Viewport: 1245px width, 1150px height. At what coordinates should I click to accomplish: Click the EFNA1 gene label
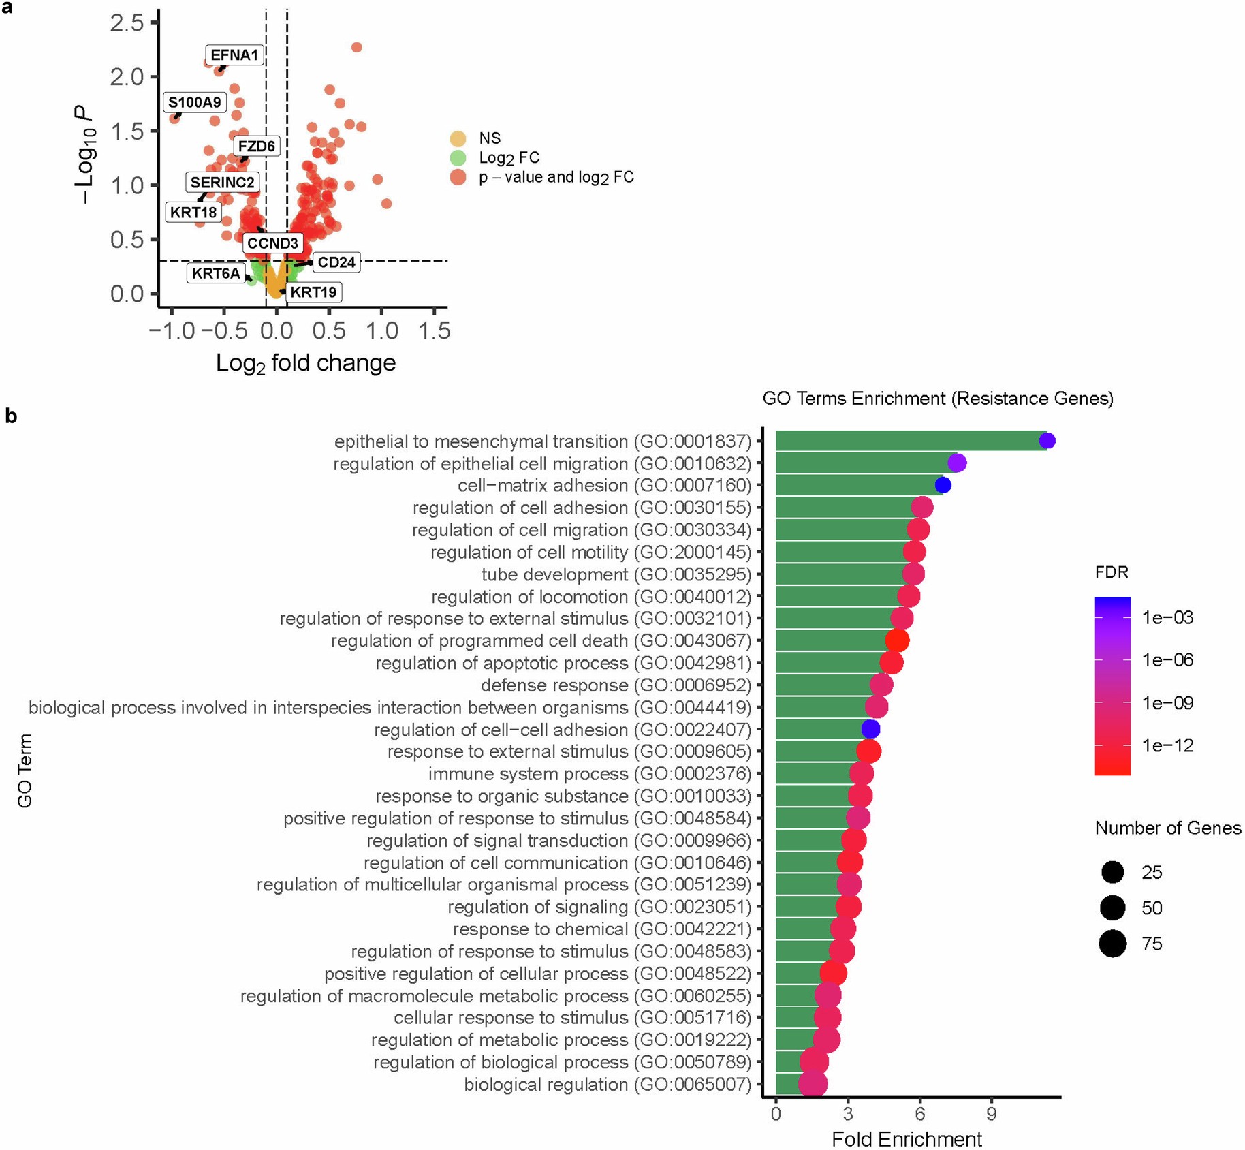pos(234,55)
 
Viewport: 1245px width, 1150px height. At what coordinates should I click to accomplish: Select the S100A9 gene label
pos(195,103)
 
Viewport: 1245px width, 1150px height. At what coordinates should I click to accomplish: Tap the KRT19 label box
pos(313,292)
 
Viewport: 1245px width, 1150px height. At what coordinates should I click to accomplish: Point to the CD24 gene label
pos(336,262)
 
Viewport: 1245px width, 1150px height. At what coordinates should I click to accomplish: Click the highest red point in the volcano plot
pos(356,47)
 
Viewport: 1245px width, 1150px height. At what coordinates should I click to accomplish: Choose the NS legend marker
pos(458,138)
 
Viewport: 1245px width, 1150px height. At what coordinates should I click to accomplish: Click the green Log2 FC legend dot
pos(458,158)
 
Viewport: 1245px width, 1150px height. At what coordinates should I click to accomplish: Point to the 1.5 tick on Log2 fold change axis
pos(434,331)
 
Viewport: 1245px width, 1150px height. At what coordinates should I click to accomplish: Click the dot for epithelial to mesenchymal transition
pos(1047,441)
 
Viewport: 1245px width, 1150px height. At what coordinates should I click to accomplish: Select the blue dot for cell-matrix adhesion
pos(943,485)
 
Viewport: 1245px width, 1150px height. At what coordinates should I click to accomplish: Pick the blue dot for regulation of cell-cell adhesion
pos(870,729)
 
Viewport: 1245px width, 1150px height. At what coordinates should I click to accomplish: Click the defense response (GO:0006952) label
pos(616,685)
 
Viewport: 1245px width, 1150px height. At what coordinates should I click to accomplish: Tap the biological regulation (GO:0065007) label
pos(608,1085)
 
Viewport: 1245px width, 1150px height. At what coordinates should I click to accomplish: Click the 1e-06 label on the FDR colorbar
pos(1167,659)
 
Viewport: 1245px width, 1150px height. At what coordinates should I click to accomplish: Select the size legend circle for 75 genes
pos(1113,944)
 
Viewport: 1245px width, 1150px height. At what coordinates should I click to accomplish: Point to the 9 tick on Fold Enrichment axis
pos(992,1114)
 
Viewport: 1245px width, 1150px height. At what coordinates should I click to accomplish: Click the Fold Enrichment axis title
pos(907,1138)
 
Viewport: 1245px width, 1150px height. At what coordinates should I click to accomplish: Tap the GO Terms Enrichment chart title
pos(938,399)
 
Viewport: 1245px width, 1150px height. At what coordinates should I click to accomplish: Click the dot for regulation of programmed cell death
pos(897,640)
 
